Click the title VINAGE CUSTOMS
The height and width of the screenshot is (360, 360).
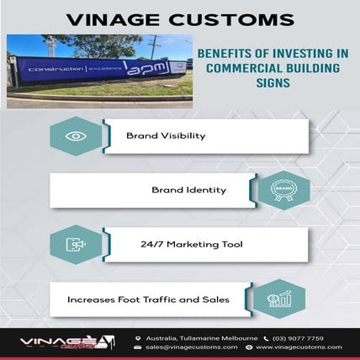[179, 18]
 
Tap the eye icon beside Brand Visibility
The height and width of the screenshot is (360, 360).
[76, 135]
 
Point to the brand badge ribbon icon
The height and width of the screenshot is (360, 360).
[283, 189]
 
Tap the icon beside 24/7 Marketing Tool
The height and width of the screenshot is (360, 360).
[76, 245]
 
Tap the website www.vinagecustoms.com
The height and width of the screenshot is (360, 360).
[299, 347]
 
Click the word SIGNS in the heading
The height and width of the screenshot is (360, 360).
[273, 84]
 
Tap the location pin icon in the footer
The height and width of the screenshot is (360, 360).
[137, 338]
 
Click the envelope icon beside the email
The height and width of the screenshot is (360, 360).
[137, 347]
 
